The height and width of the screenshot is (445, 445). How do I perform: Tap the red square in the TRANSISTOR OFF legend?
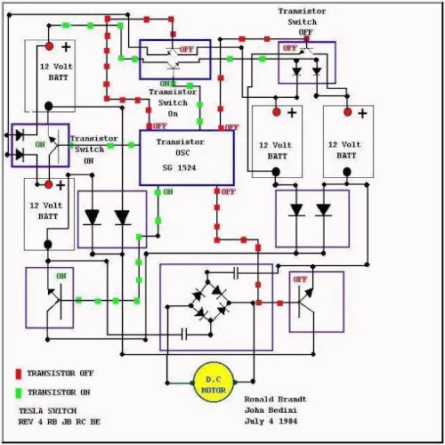click(18, 374)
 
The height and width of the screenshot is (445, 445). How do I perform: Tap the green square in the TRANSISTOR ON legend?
click(18, 392)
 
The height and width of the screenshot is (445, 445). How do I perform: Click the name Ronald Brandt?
click(275, 399)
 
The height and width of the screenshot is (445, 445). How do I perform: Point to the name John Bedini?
click(272, 410)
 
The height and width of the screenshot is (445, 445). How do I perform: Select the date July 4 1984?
click(272, 422)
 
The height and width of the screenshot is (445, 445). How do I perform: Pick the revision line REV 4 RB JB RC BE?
click(59, 422)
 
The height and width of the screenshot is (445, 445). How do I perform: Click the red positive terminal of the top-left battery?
click(50, 45)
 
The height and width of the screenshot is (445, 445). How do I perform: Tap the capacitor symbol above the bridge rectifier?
click(237, 271)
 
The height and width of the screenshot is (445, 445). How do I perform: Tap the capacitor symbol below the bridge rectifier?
click(184, 335)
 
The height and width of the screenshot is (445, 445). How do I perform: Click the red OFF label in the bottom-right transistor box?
click(300, 279)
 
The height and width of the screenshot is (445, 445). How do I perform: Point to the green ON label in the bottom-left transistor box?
click(61, 276)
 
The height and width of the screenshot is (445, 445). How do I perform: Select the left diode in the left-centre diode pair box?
click(91, 216)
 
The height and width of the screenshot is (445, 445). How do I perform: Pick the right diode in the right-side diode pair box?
click(323, 210)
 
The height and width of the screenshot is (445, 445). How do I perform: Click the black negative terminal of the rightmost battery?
click(347, 172)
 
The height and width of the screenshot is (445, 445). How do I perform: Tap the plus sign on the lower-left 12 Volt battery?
click(61, 186)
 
